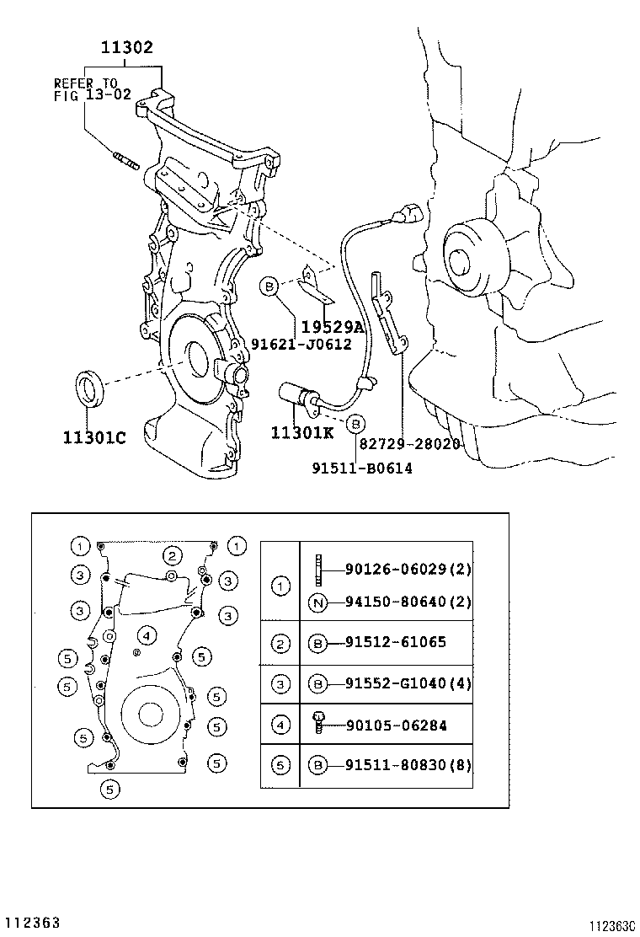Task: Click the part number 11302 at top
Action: click(x=127, y=48)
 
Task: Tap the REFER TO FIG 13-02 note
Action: click(x=92, y=89)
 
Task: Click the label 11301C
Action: click(x=93, y=437)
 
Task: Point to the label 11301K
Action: click(x=302, y=432)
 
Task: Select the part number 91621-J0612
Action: click(x=301, y=344)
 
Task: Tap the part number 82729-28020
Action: click(x=410, y=443)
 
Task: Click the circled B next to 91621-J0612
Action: click(x=269, y=286)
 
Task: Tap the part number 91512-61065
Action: click(x=395, y=642)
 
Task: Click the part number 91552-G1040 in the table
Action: click(x=408, y=683)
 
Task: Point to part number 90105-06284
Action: click(x=395, y=725)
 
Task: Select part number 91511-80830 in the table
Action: click(x=408, y=765)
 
